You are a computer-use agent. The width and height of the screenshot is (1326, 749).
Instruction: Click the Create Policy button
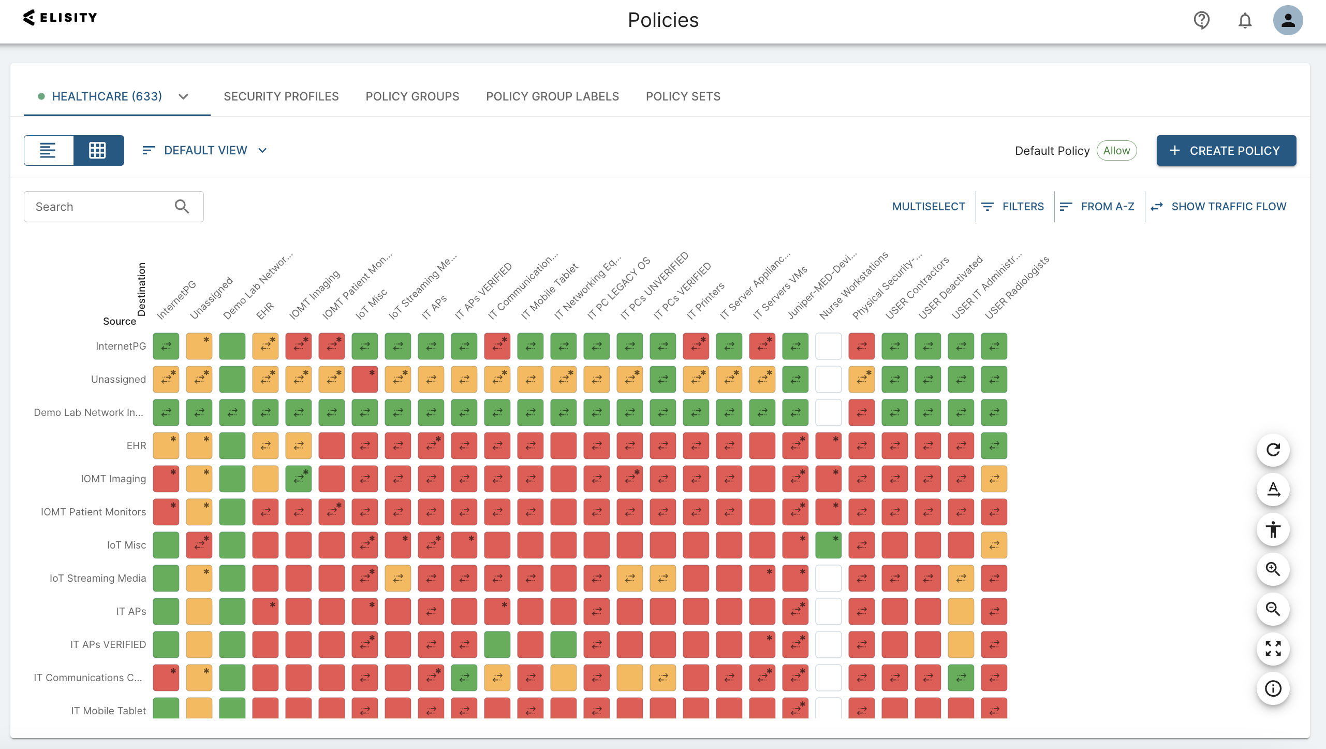coord(1226,151)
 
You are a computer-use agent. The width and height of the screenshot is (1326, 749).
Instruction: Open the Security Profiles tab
coord(281,96)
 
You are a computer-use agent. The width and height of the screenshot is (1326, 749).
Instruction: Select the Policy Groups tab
coord(412,96)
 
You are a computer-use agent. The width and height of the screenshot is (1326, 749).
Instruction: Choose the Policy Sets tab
coord(683,96)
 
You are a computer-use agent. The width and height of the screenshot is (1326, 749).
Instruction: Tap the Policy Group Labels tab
coord(552,96)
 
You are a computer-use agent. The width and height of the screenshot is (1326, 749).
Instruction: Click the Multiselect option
coord(929,207)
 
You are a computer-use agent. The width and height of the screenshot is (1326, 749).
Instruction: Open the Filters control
coord(1013,207)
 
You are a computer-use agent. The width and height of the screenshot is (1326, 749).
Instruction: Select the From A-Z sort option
coord(1097,207)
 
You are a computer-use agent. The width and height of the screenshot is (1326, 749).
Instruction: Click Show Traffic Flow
coord(1218,207)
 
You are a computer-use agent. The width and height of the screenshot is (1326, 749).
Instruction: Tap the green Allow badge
coord(1116,151)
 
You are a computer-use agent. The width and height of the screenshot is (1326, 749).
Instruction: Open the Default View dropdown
coord(205,150)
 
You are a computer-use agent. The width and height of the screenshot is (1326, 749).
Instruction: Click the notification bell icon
coord(1245,21)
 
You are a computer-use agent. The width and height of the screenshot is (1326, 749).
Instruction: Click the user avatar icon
coord(1288,20)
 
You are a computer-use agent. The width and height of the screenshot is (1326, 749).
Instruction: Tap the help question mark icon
coord(1201,20)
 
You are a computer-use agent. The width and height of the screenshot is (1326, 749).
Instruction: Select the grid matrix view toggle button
coord(98,150)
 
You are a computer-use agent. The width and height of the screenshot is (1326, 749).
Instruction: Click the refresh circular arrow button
coord(1273,450)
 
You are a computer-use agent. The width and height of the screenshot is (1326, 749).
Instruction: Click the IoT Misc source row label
coord(126,545)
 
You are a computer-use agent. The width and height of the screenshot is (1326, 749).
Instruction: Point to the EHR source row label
coord(136,445)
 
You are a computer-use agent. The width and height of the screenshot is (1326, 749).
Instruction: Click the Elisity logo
coord(60,18)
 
